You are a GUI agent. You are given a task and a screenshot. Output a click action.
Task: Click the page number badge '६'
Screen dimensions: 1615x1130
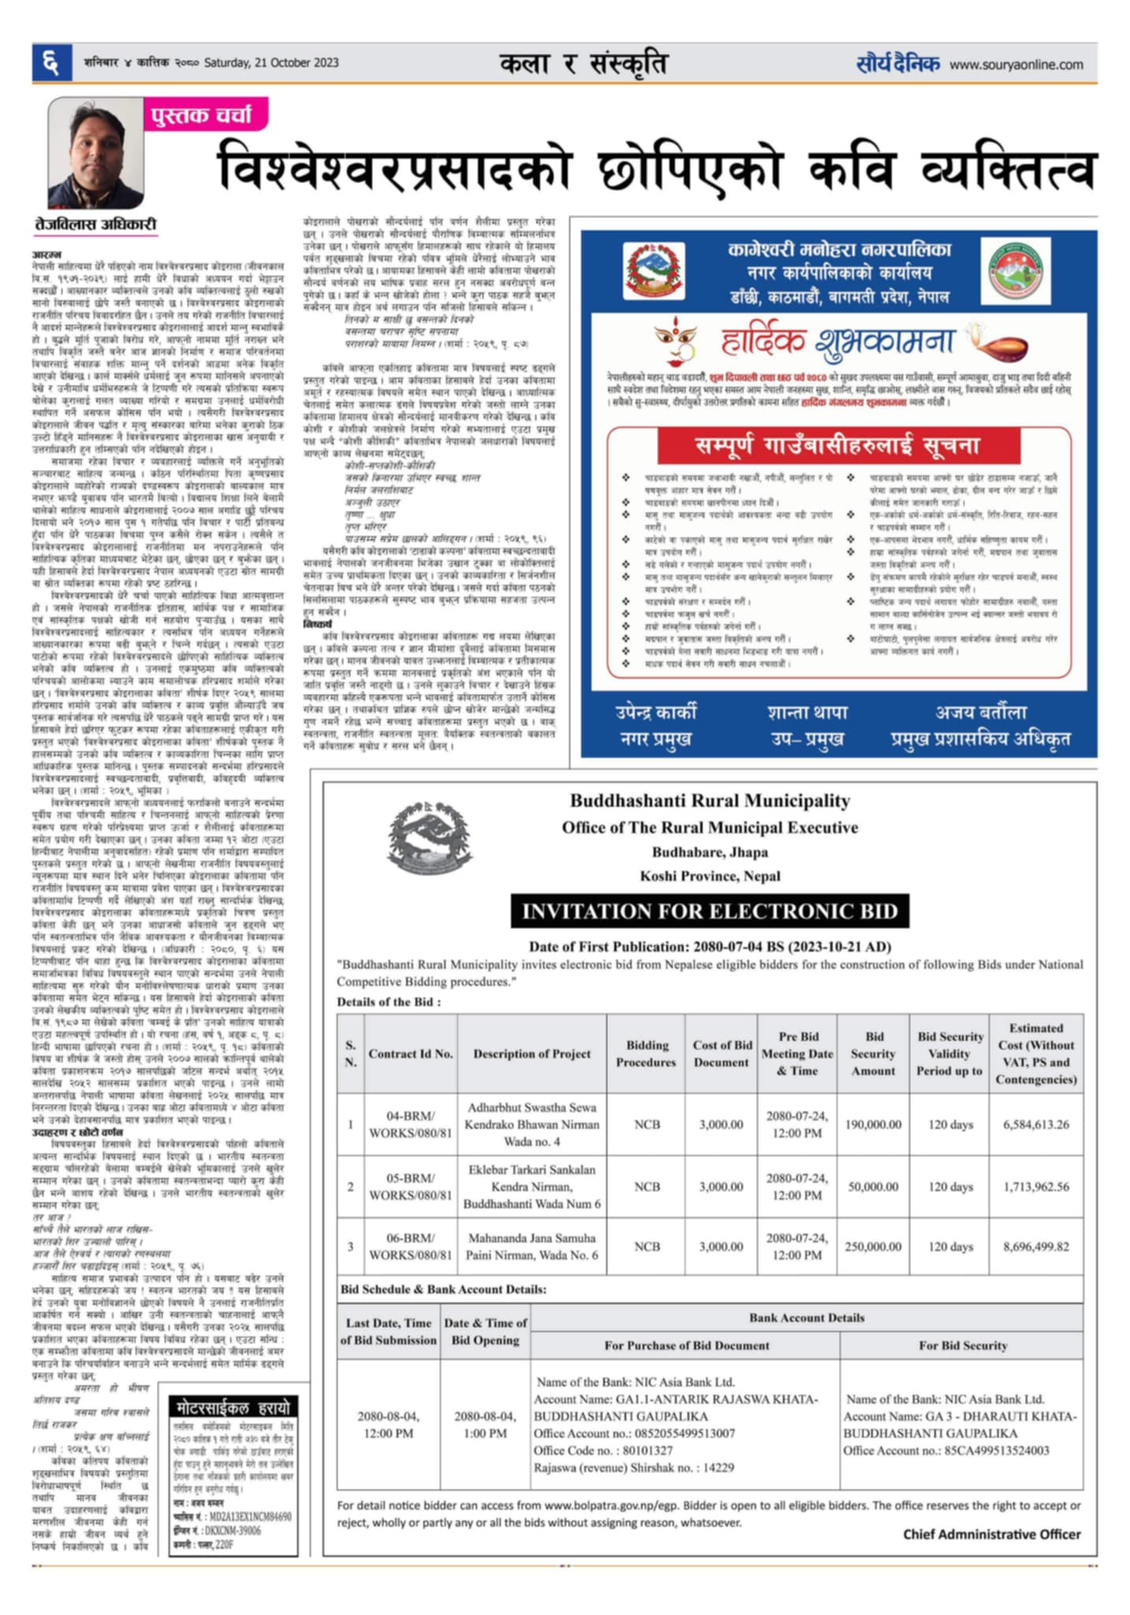[51, 62]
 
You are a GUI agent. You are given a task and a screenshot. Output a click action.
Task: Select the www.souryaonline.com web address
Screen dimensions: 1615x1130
[1016, 65]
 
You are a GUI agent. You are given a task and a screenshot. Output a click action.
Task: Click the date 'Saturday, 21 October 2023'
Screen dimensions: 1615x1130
[271, 63]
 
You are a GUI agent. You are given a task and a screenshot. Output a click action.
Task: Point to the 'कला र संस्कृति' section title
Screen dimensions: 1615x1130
[584, 63]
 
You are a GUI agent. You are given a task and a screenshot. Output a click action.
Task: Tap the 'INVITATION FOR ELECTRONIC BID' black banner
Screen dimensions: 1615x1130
[709, 912]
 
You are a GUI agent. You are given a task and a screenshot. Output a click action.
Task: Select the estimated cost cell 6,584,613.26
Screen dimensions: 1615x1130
[1035, 1125]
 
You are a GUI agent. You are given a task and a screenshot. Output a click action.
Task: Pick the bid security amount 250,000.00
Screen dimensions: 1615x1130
[873, 1247]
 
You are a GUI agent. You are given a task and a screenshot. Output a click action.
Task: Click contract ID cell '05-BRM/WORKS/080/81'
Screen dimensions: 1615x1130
[410, 1187]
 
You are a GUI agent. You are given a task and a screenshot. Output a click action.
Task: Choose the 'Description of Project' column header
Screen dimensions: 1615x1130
[531, 1054]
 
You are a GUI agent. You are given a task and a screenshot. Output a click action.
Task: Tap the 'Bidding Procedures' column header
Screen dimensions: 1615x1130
[647, 1054]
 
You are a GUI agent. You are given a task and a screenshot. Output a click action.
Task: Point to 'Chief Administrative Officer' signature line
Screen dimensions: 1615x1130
[991, 1534]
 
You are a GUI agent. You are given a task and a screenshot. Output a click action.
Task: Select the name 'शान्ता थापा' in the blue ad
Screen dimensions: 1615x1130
[807, 713]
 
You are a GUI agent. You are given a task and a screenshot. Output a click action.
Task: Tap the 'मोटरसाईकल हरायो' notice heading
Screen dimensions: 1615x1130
[233, 1408]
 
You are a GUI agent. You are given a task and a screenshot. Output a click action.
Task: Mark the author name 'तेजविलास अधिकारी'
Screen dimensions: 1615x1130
[96, 225]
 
